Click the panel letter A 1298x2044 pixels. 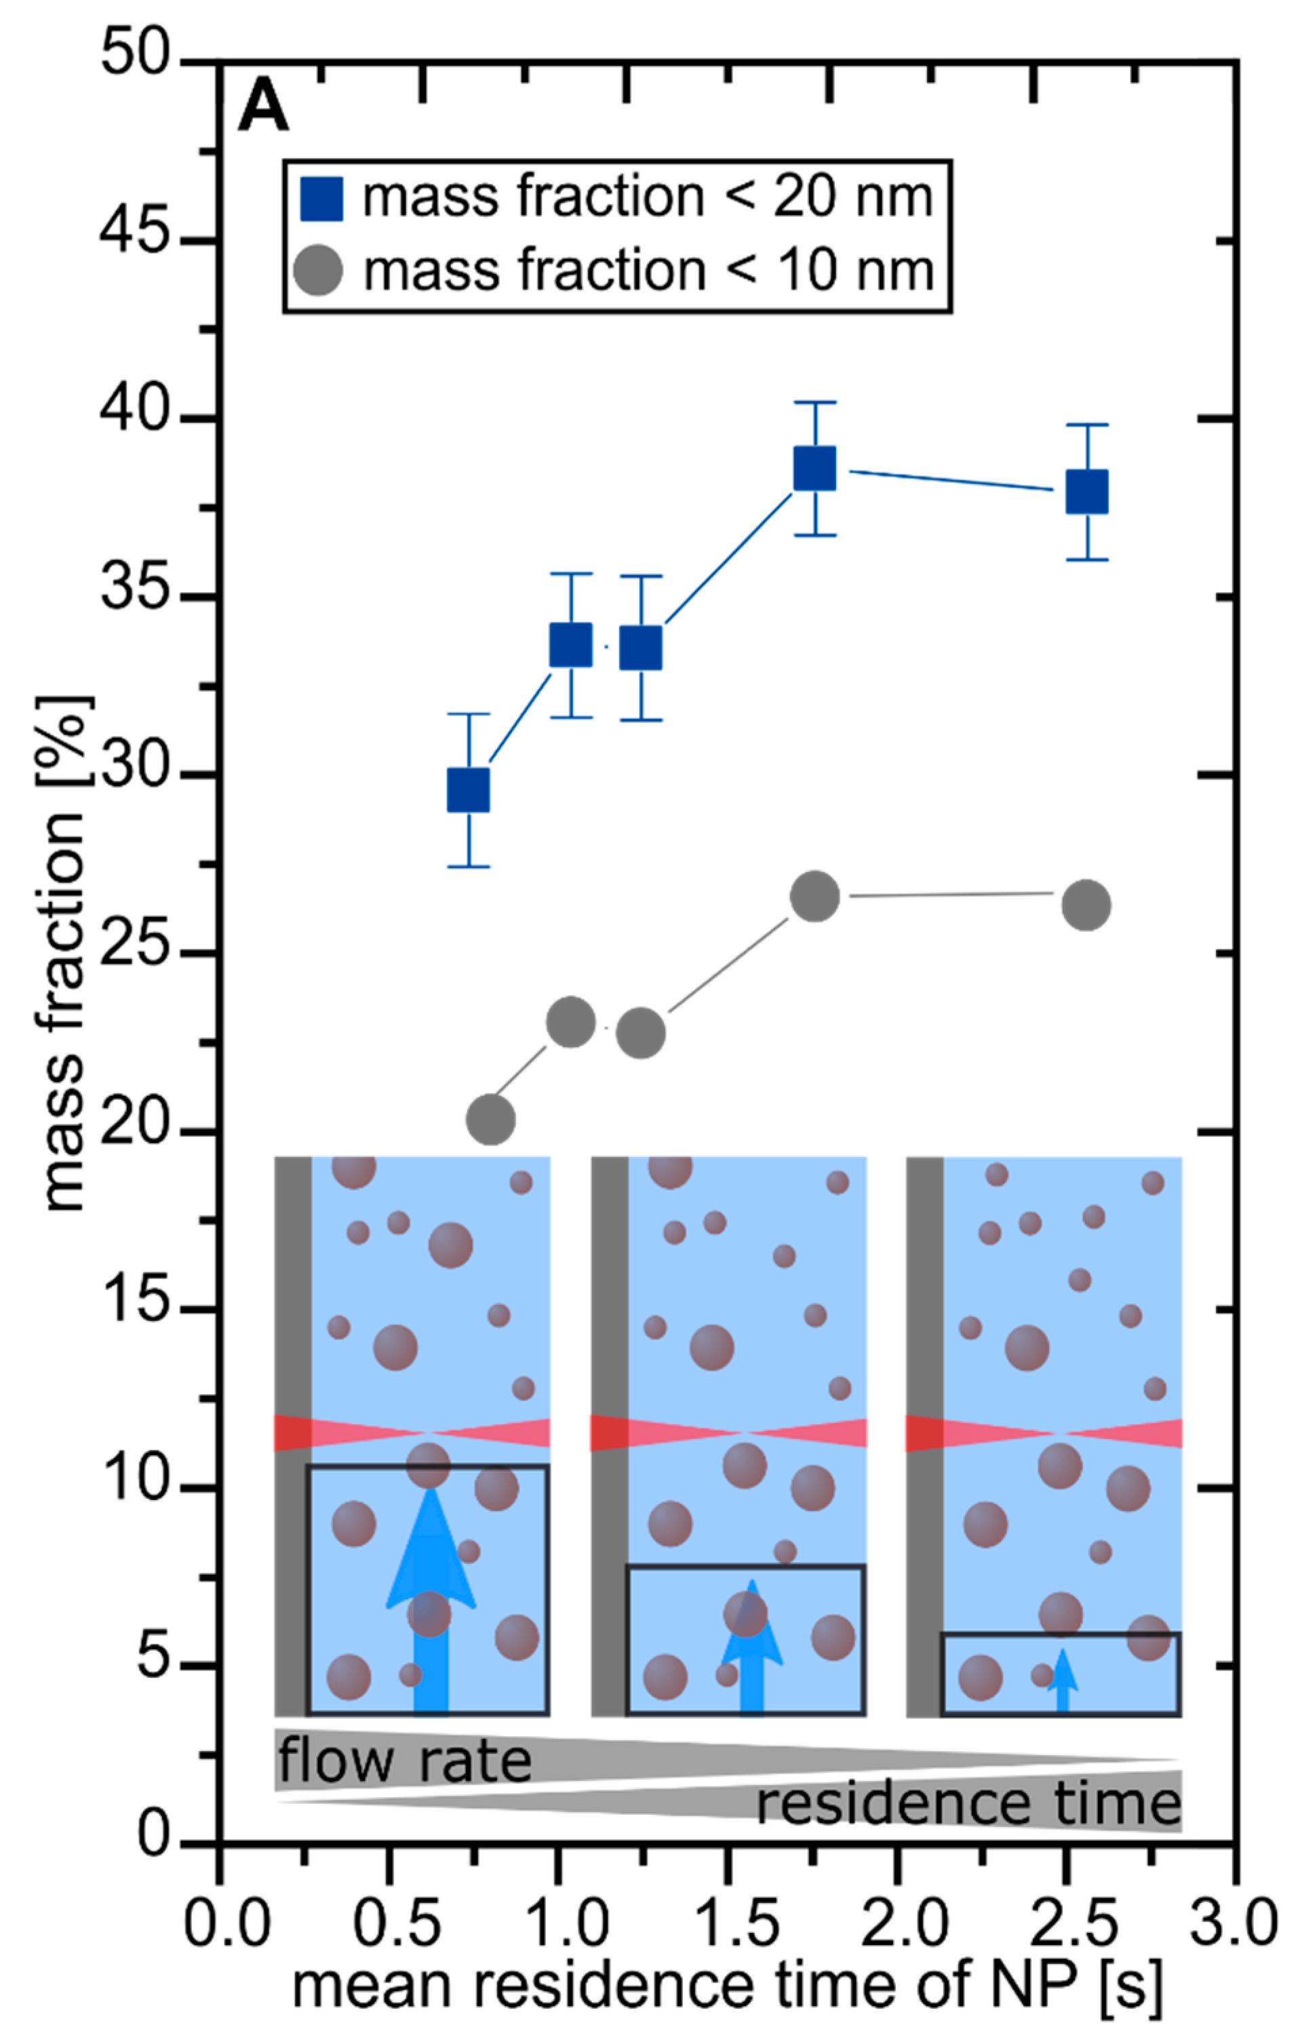(x=263, y=109)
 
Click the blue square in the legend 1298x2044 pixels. (x=321, y=199)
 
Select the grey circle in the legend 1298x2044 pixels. (x=318, y=271)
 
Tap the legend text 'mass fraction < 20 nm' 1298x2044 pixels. (x=648, y=198)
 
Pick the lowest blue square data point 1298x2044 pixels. (x=469, y=790)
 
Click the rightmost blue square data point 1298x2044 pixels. (x=1086, y=492)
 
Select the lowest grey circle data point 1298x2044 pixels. (x=491, y=1120)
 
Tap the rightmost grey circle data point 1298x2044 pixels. (x=1086, y=905)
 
